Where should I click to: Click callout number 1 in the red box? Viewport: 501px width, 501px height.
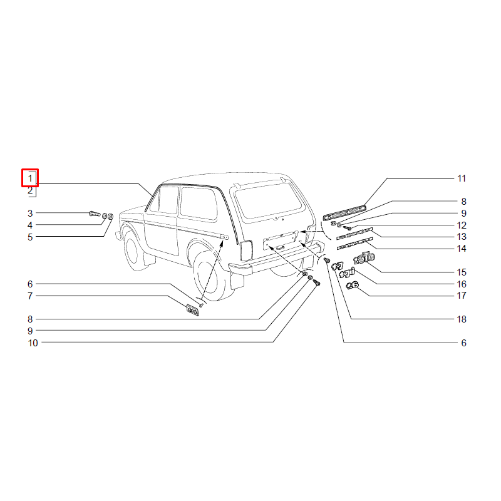tap(30, 178)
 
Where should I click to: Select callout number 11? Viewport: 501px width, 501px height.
tap(462, 178)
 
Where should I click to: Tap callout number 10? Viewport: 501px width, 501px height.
tap(33, 343)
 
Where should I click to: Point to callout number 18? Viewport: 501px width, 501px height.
tap(462, 319)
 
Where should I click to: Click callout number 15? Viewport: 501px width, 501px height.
tap(462, 272)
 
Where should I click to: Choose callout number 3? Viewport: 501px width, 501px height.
tap(30, 213)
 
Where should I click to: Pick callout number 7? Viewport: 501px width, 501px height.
tap(30, 296)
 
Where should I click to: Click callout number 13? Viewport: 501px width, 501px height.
tap(462, 237)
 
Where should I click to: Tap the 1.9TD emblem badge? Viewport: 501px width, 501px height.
tap(364, 258)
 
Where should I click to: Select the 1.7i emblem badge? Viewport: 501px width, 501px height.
tap(347, 273)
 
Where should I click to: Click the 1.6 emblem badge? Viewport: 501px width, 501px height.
tap(353, 285)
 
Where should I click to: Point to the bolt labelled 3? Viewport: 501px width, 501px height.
tap(95, 214)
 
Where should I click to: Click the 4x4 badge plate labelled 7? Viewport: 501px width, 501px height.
tap(193, 310)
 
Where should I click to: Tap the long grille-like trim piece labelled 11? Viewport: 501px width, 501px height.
tap(344, 213)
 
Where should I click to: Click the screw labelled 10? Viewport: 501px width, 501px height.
tap(316, 283)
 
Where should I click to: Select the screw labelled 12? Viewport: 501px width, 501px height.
tap(348, 228)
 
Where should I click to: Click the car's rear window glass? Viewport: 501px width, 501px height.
tap(268, 202)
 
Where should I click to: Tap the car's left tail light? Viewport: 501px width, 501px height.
tap(246, 250)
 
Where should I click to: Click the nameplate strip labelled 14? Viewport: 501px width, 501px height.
tap(354, 244)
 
